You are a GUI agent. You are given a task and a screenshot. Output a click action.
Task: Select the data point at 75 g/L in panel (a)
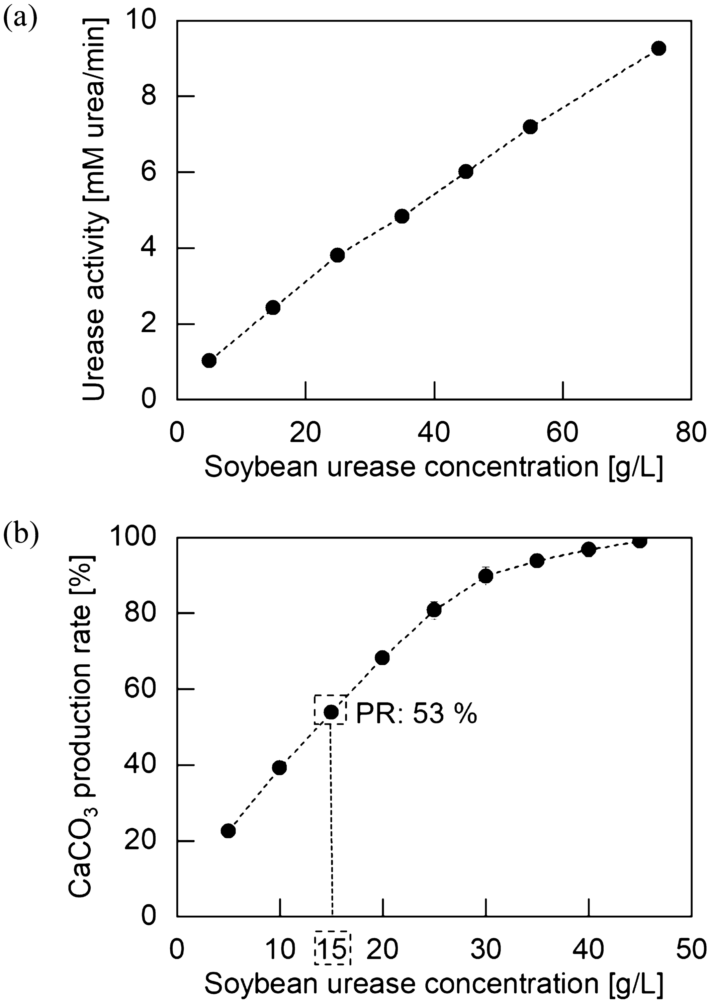[x=658, y=48]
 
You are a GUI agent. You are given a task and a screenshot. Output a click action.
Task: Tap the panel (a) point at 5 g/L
[x=209, y=360]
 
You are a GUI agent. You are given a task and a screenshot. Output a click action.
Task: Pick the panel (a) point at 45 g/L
[x=466, y=172]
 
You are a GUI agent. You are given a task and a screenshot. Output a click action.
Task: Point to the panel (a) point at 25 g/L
[x=337, y=255]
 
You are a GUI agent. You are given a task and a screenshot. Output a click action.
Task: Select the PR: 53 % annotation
[x=416, y=714]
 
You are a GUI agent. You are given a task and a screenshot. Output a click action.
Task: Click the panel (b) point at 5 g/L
[x=228, y=831]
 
